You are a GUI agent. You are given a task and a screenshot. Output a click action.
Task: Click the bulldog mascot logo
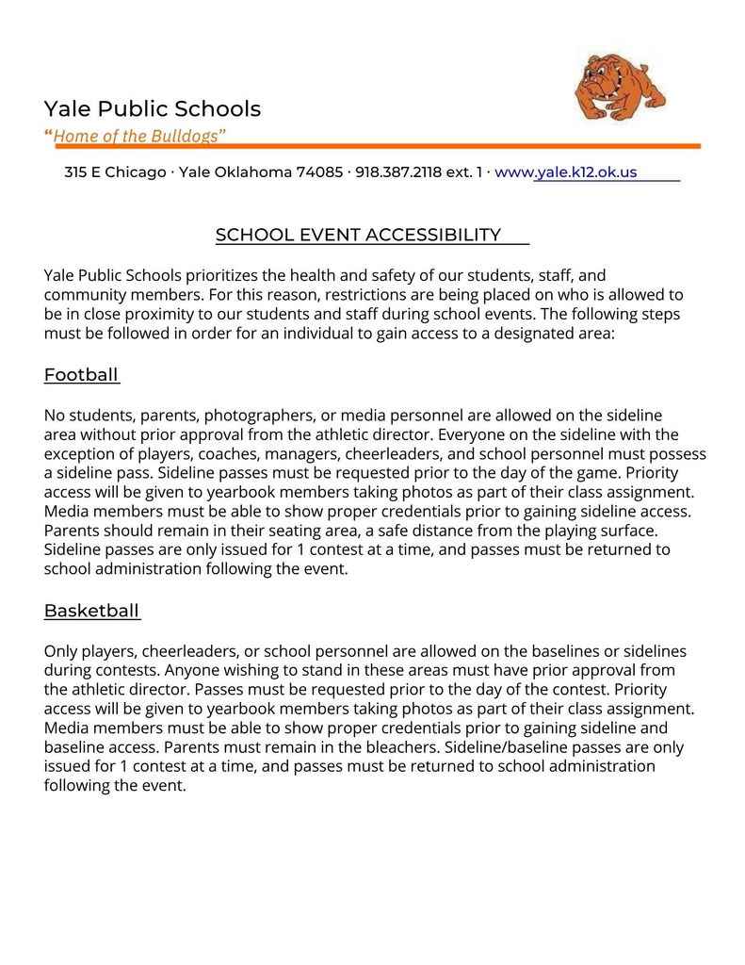point(620,87)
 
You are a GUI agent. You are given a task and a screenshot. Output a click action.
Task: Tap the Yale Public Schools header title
point(152,109)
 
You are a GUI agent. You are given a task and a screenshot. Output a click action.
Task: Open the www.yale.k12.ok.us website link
point(566,172)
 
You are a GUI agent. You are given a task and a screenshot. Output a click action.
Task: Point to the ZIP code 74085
point(319,172)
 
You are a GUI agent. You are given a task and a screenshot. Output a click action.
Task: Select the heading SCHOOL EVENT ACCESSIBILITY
point(358,235)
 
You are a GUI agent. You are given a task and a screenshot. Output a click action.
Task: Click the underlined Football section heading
point(81,375)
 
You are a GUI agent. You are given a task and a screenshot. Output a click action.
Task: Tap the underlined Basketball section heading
point(91,611)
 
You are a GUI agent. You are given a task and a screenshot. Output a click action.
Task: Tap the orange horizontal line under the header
point(377,146)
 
